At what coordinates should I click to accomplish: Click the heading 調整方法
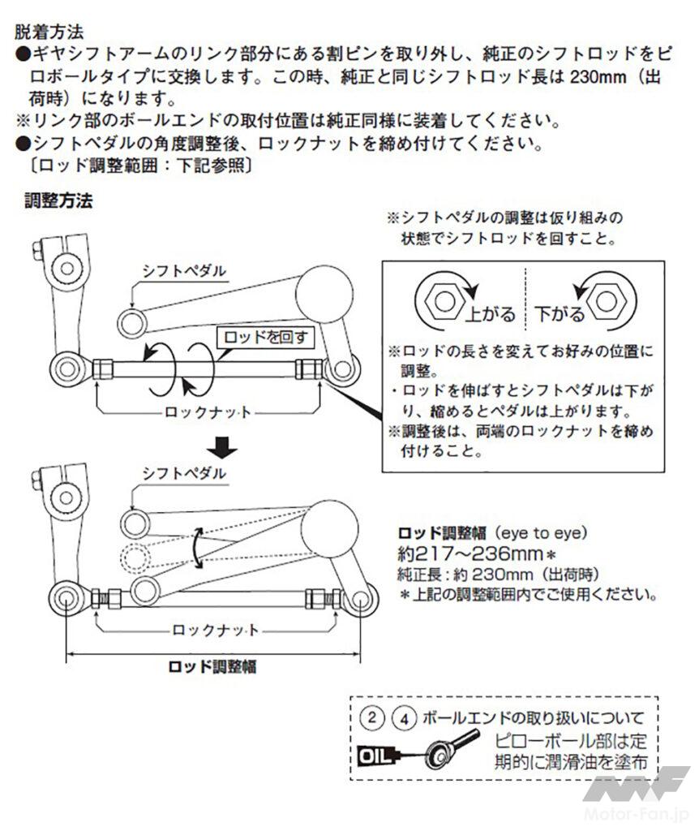tap(59, 200)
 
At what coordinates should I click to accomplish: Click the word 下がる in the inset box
tap(559, 312)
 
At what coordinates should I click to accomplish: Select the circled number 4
tap(403, 718)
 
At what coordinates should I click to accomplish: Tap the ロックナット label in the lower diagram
tap(216, 631)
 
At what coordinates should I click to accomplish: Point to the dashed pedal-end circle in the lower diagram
tap(133, 556)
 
